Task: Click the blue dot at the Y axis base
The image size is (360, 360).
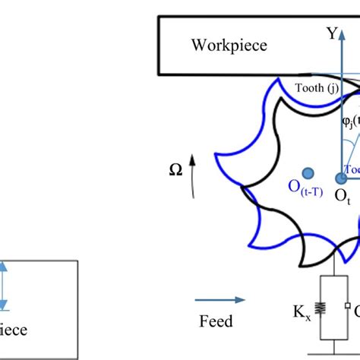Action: (x=342, y=177)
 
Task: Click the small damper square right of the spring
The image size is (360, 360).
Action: (x=346, y=307)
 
